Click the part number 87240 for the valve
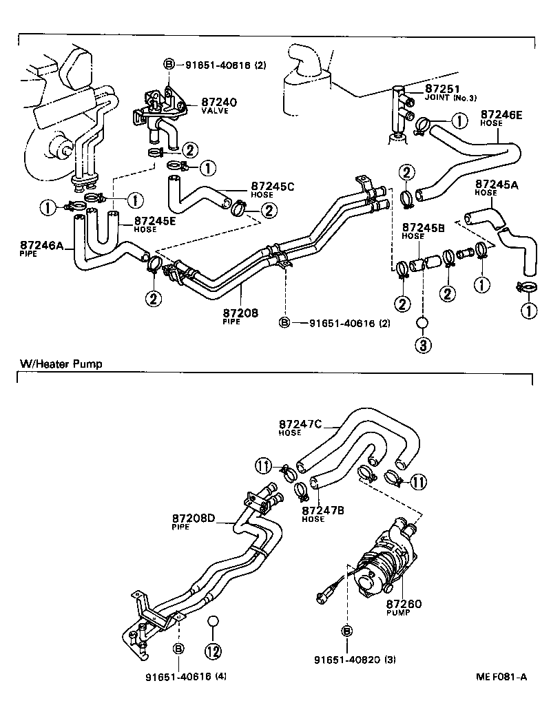tap(219, 102)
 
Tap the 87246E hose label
tap(501, 114)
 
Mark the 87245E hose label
tap(155, 221)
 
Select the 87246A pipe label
tap(43, 244)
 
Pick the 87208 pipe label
tap(240, 313)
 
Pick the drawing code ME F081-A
tap(501, 677)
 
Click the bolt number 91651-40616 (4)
tap(185, 676)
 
